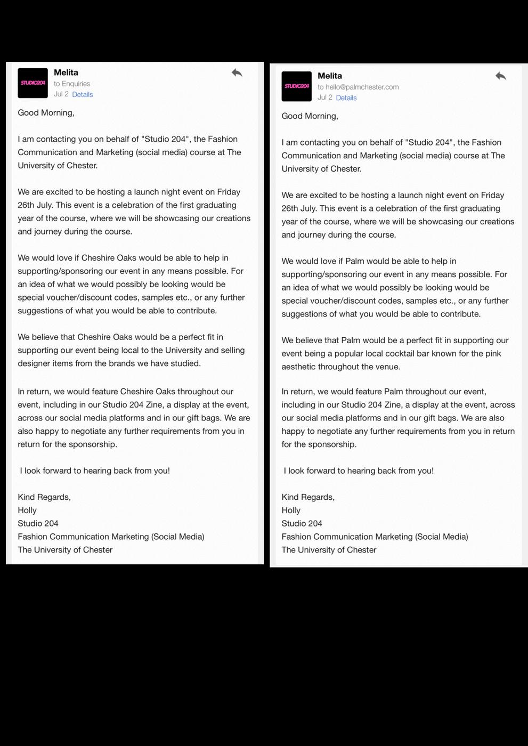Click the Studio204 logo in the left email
tap(33, 83)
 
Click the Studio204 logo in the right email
tap(296, 86)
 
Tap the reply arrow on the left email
tap(237, 73)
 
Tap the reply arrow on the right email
tap(500, 76)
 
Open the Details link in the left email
tap(83, 94)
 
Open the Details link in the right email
tap(346, 98)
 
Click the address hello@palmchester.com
tap(362, 87)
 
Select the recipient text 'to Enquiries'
tap(72, 84)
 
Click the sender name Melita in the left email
tap(66, 72)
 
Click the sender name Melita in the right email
tap(330, 76)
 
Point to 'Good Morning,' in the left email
tap(46, 112)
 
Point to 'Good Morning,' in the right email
tap(310, 116)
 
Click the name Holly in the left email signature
tap(27, 510)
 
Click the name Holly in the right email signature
tap(291, 510)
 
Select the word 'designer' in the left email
tap(34, 363)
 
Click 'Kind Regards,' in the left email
tap(44, 497)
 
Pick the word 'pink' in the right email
tap(493, 353)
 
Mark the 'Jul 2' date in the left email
tap(61, 94)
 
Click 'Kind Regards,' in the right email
tap(308, 497)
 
